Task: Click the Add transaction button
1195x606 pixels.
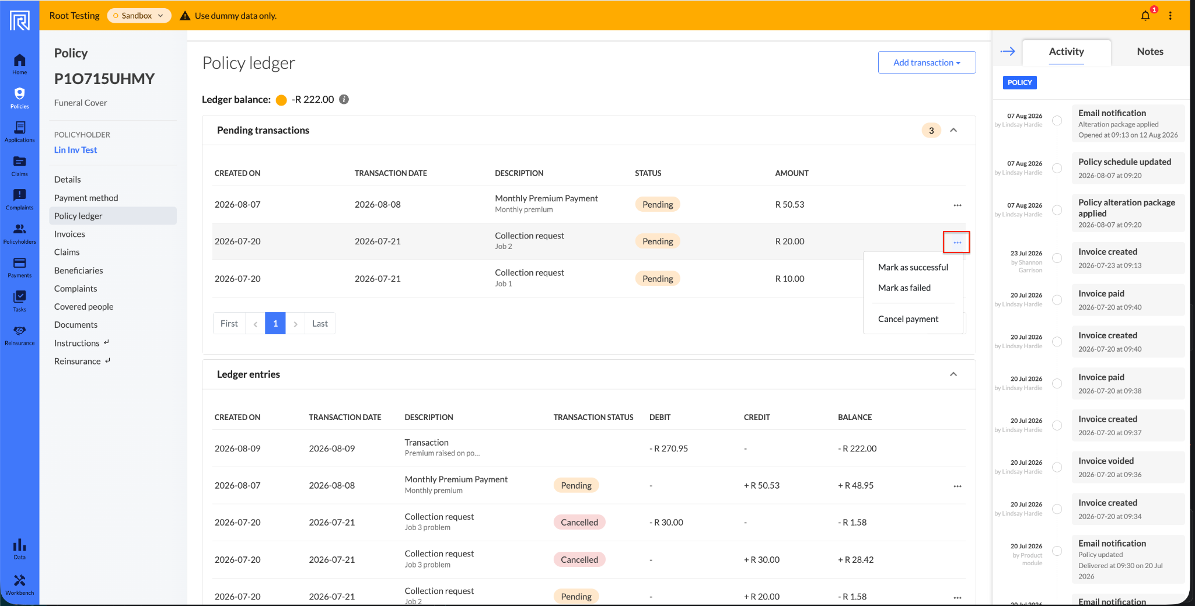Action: (x=927, y=62)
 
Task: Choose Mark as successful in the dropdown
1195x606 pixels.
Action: (x=913, y=267)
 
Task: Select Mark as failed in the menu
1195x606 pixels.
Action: (x=904, y=288)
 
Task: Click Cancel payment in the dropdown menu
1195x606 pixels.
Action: (x=909, y=318)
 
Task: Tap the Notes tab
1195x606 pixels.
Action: (x=1150, y=51)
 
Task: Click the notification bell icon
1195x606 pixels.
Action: (x=1145, y=16)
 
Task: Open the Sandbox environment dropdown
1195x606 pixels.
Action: (x=139, y=16)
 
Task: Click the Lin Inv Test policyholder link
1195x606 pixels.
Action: (x=76, y=150)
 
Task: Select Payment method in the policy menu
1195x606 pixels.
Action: (x=86, y=198)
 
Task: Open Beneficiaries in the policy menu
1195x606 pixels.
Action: (x=79, y=270)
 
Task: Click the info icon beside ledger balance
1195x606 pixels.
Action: (x=344, y=99)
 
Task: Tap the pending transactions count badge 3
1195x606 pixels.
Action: (x=931, y=130)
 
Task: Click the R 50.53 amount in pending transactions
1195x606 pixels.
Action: (x=789, y=204)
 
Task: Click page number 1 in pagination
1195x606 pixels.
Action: (x=275, y=323)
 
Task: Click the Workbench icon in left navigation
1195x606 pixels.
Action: (x=20, y=584)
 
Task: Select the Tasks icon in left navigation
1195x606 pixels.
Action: (x=20, y=300)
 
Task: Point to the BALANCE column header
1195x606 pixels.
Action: (x=855, y=417)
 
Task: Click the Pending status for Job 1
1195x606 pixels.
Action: (x=658, y=279)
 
